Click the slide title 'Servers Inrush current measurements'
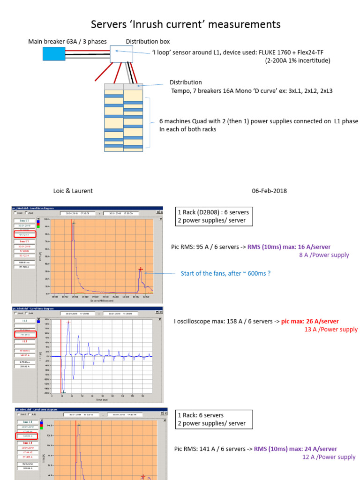(186, 24)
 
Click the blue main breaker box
(54, 53)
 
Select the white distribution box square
(121, 54)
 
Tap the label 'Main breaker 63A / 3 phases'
(67, 42)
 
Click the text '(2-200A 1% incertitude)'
(298, 60)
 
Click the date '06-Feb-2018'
(269, 191)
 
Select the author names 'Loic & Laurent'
(73, 191)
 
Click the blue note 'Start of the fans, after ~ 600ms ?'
(225, 274)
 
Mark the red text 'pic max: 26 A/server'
(310, 321)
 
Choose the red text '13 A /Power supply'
(331, 330)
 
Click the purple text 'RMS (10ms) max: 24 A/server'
(295, 449)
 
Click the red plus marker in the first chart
(140, 269)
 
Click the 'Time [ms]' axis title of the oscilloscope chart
(102, 400)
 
